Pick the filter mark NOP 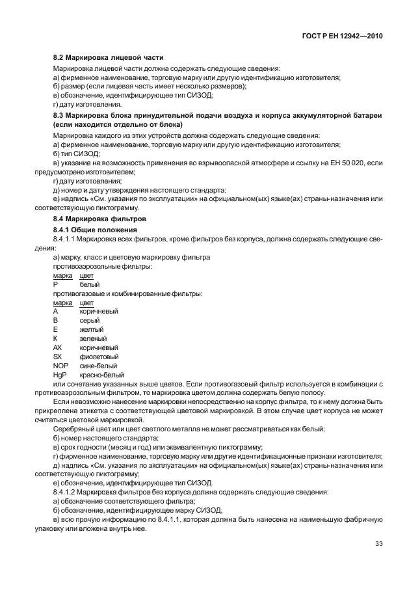coord(60,366)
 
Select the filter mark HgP coord(60,375)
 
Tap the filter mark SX coord(57,357)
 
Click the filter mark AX coord(57,348)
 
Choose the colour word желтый coord(92,330)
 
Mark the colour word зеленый coord(93,339)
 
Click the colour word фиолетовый coord(99,357)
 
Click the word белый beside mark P coord(89,284)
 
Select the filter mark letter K coord(56,339)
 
